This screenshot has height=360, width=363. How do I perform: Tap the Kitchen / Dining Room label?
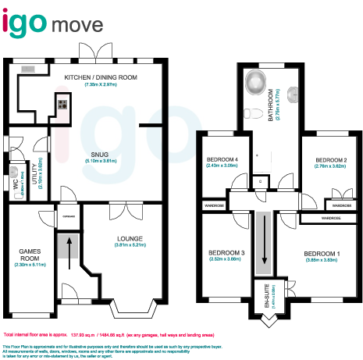pos(101,77)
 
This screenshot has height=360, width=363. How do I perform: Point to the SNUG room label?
pos(100,154)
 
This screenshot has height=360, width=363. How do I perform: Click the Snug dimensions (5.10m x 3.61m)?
pos(100,161)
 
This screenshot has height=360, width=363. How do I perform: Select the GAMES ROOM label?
pos(30,255)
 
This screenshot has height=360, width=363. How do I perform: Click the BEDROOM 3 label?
pos(226,253)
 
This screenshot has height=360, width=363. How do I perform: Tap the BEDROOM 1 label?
pos(322,254)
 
